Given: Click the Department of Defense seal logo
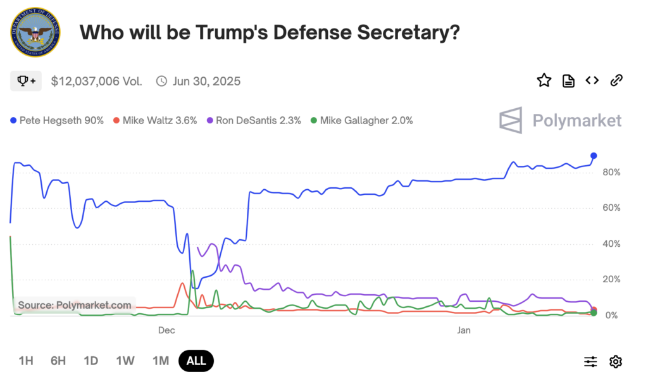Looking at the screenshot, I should click(35, 32).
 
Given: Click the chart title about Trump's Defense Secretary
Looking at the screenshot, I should click(270, 33).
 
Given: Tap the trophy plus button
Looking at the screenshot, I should click(26, 81).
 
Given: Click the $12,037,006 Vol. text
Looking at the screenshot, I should click(96, 81).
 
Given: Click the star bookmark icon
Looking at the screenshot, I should click(544, 80).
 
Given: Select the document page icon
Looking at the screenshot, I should click(568, 80).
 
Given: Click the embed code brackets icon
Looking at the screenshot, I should click(592, 80).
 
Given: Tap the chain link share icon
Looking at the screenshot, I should click(616, 80).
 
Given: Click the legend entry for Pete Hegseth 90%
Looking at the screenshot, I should click(57, 120).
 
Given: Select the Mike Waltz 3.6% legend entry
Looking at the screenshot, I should click(155, 120).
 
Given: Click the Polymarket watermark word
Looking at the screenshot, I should click(576, 120).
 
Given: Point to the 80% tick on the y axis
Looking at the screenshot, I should click(611, 172).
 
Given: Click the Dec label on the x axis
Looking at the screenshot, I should click(166, 330).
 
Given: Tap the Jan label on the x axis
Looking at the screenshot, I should click(464, 330).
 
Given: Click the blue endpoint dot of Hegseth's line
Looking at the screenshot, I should click(594, 156).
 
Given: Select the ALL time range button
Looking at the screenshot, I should click(196, 361).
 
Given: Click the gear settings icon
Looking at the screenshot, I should click(615, 361).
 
